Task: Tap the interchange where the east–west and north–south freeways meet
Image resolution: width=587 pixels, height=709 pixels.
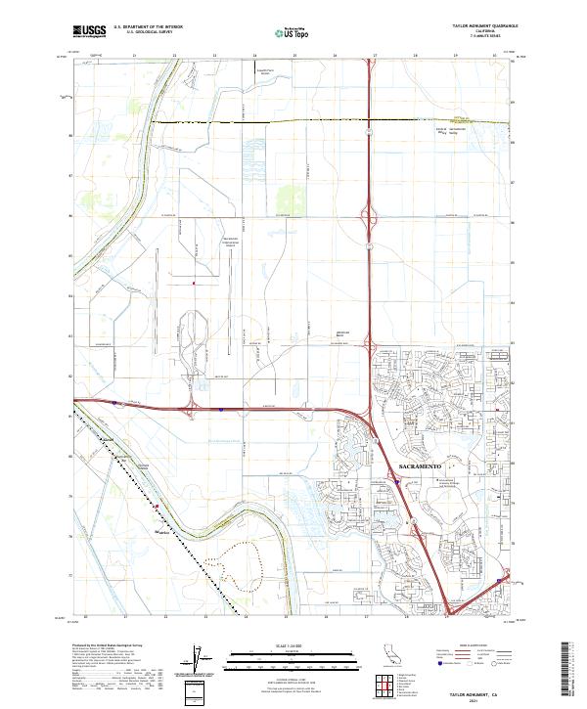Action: click(373, 411)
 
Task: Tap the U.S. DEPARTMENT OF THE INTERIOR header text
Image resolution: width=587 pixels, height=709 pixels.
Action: click(148, 28)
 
